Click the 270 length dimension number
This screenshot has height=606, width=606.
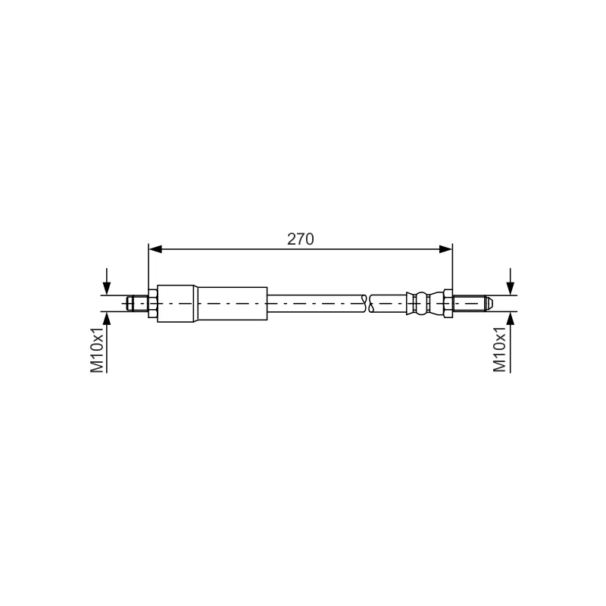[300, 239]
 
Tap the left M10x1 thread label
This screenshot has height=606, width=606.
[97, 350]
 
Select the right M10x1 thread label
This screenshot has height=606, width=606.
[499, 350]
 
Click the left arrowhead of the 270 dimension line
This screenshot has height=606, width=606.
[155, 249]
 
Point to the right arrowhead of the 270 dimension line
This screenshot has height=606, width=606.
[445, 249]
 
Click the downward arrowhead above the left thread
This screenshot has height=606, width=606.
[107, 289]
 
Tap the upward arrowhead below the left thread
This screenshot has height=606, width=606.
[107, 318]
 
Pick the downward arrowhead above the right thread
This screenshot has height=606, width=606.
[510, 289]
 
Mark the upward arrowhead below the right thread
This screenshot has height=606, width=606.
[510, 318]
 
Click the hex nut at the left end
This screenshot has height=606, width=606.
[153, 304]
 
